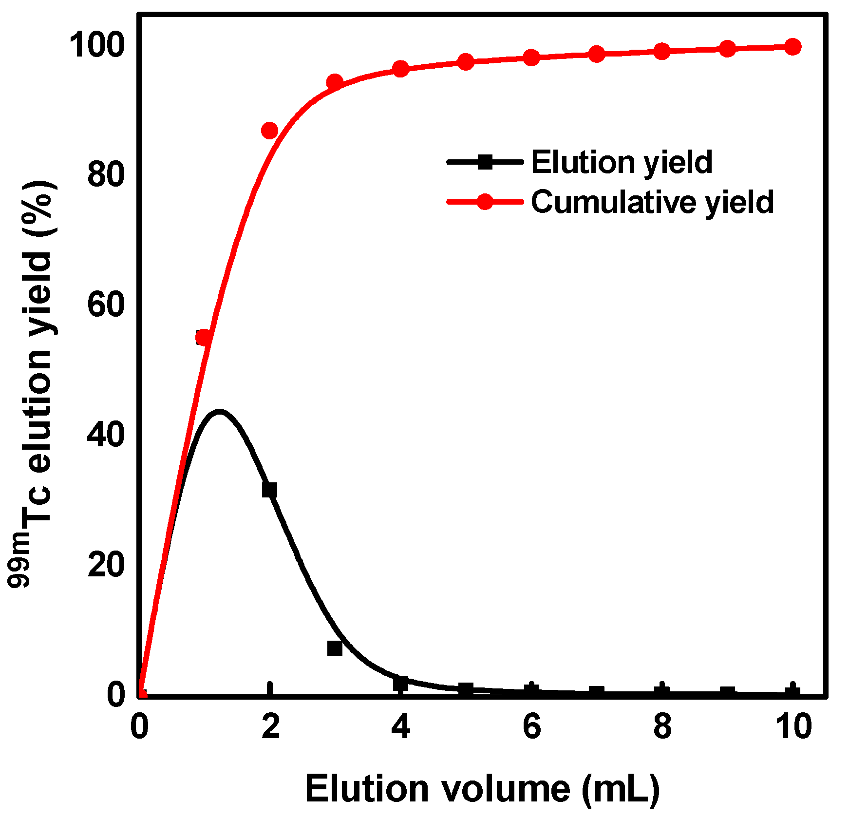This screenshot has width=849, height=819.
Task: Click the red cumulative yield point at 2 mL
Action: tap(269, 131)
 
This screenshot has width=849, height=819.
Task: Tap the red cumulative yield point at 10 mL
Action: tap(793, 47)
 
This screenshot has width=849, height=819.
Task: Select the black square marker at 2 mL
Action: tap(269, 490)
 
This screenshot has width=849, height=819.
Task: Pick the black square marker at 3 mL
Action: tap(335, 648)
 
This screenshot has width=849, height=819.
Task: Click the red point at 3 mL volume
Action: tap(335, 82)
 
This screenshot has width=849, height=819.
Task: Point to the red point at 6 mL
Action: tap(531, 57)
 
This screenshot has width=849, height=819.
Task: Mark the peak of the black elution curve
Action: tap(220, 412)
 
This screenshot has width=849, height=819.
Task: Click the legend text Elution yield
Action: tap(622, 162)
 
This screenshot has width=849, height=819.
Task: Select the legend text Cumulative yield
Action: tap(652, 202)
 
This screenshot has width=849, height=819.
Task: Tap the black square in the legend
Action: tap(485, 162)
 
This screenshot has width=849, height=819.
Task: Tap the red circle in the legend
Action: tap(485, 201)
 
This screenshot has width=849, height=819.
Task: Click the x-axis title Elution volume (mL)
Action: tap(482, 788)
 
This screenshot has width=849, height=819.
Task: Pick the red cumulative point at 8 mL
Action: tap(662, 51)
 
